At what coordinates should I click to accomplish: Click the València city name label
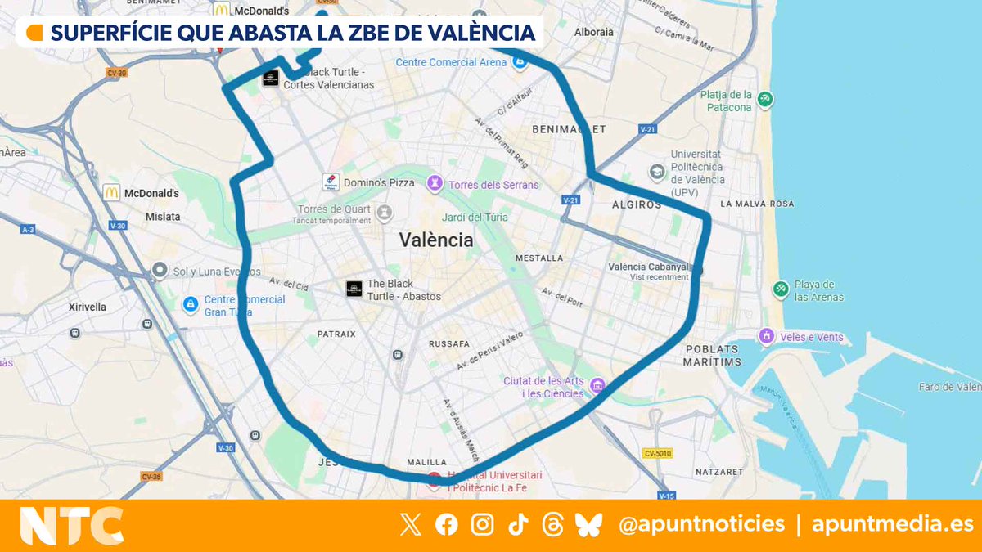point(436,240)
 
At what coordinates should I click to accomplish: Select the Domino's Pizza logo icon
point(331,182)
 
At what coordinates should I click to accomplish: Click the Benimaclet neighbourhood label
point(569,129)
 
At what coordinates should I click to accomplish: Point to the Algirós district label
point(636,204)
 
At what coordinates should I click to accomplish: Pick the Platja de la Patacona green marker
point(765,100)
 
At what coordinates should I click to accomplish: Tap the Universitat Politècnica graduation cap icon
point(656,172)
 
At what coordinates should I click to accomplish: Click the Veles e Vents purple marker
point(767,336)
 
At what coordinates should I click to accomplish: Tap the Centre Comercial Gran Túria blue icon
point(190,304)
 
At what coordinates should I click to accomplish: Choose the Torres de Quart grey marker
point(385,213)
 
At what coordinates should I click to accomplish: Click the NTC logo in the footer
point(71,526)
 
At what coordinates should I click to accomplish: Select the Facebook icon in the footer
point(447,525)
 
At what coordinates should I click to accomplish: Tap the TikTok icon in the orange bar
point(518,525)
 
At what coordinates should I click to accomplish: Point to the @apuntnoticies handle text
point(701,524)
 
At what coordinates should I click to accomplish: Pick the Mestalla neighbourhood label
point(539,258)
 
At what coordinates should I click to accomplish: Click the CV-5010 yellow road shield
point(657,453)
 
